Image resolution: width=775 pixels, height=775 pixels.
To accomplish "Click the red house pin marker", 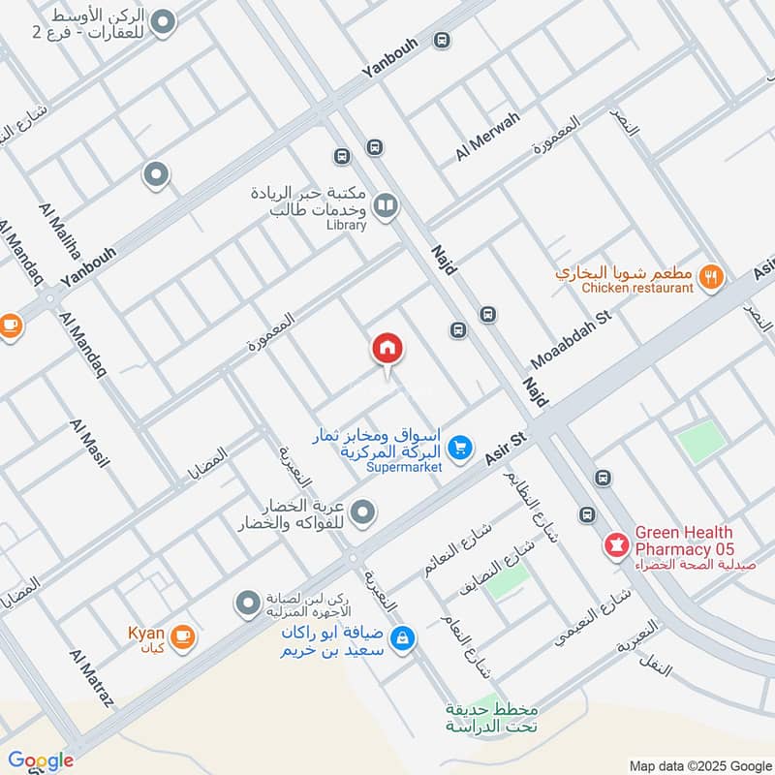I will click(x=387, y=348).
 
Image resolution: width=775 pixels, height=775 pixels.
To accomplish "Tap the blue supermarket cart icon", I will click(x=461, y=447).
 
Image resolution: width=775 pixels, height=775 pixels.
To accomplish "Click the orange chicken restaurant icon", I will click(x=712, y=275).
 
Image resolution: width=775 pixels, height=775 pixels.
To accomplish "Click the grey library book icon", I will click(x=386, y=205).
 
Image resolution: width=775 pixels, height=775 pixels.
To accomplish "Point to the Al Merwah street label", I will click(x=487, y=137).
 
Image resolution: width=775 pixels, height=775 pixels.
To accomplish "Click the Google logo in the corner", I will click(x=40, y=760).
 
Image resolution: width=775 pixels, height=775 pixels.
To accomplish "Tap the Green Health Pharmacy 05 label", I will click(x=685, y=541).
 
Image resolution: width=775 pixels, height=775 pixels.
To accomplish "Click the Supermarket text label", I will click(x=405, y=467).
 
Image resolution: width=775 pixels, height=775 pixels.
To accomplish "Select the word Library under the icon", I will click(x=346, y=225).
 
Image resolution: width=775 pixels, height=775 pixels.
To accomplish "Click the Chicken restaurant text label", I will click(x=637, y=288).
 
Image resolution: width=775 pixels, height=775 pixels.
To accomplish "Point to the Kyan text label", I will click(x=145, y=635).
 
